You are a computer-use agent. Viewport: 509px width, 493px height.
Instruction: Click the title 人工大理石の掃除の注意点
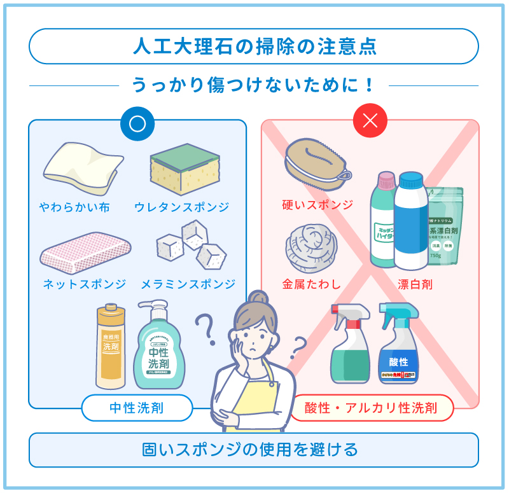(254, 46)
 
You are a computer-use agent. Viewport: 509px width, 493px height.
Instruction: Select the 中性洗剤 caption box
(137, 408)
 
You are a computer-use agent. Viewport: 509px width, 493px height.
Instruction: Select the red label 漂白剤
(414, 284)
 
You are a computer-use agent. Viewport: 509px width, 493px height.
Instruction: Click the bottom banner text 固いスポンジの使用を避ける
(254, 450)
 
